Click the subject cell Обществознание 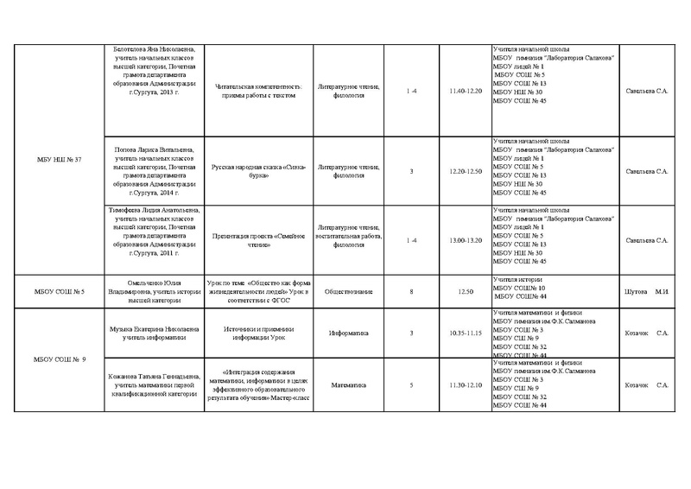pyautogui.click(x=349, y=292)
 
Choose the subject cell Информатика pyautogui.click(x=349, y=332)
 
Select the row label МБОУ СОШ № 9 pyautogui.click(x=54, y=359)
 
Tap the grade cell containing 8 pyautogui.click(x=413, y=292)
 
